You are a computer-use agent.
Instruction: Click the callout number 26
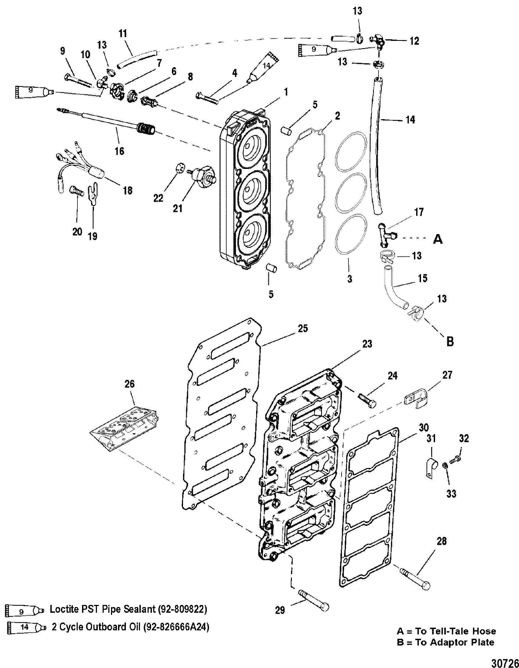[x=130, y=384]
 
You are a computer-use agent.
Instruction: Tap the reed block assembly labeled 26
[x=125, y=427]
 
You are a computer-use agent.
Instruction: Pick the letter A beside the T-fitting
[x=438, y=240]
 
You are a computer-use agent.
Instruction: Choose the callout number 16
[x=120, y=151]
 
